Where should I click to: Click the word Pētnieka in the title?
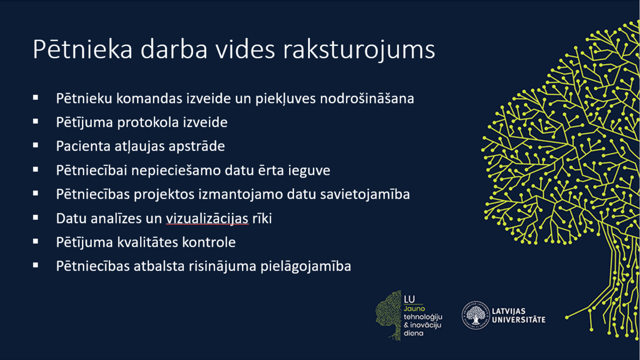point(83,49)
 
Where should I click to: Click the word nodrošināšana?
point(367,98)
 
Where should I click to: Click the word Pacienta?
point(83,146)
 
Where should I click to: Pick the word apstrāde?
point(197,147)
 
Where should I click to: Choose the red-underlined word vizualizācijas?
point(207,219)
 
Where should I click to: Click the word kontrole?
point(209,242)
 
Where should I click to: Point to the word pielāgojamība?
point(306,267)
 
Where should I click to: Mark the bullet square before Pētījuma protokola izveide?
point(35,122)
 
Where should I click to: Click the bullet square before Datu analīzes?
point(35,218)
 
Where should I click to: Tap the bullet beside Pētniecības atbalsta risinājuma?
point(35,266)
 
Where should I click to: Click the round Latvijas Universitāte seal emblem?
point(475,315)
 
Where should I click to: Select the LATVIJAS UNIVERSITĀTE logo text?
point(518,315)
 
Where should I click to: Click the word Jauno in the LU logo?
point(414,309)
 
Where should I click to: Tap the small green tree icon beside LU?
point(389,315)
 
